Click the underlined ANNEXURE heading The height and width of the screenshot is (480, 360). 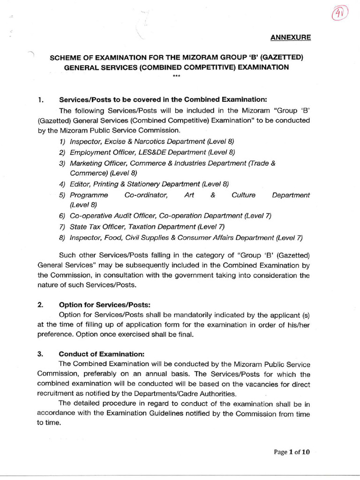(x=290, y=37)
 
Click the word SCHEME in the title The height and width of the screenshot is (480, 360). (x=65, y=58)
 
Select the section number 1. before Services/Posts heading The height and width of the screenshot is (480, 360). (x=41, y=100)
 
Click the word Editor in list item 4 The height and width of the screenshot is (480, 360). (x=79, y=184)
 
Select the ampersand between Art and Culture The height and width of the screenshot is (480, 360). (x=213, y=195)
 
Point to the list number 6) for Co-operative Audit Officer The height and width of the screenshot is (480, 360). (x=62, y=216)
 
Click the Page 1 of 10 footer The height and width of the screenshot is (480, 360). (x=292, y=452)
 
